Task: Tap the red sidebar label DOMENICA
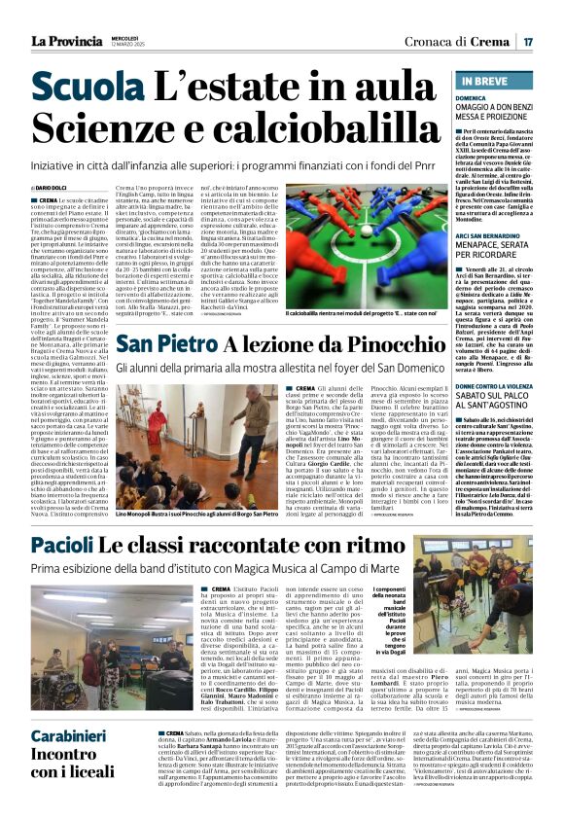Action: pyautogui.click(x=472, y=99)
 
